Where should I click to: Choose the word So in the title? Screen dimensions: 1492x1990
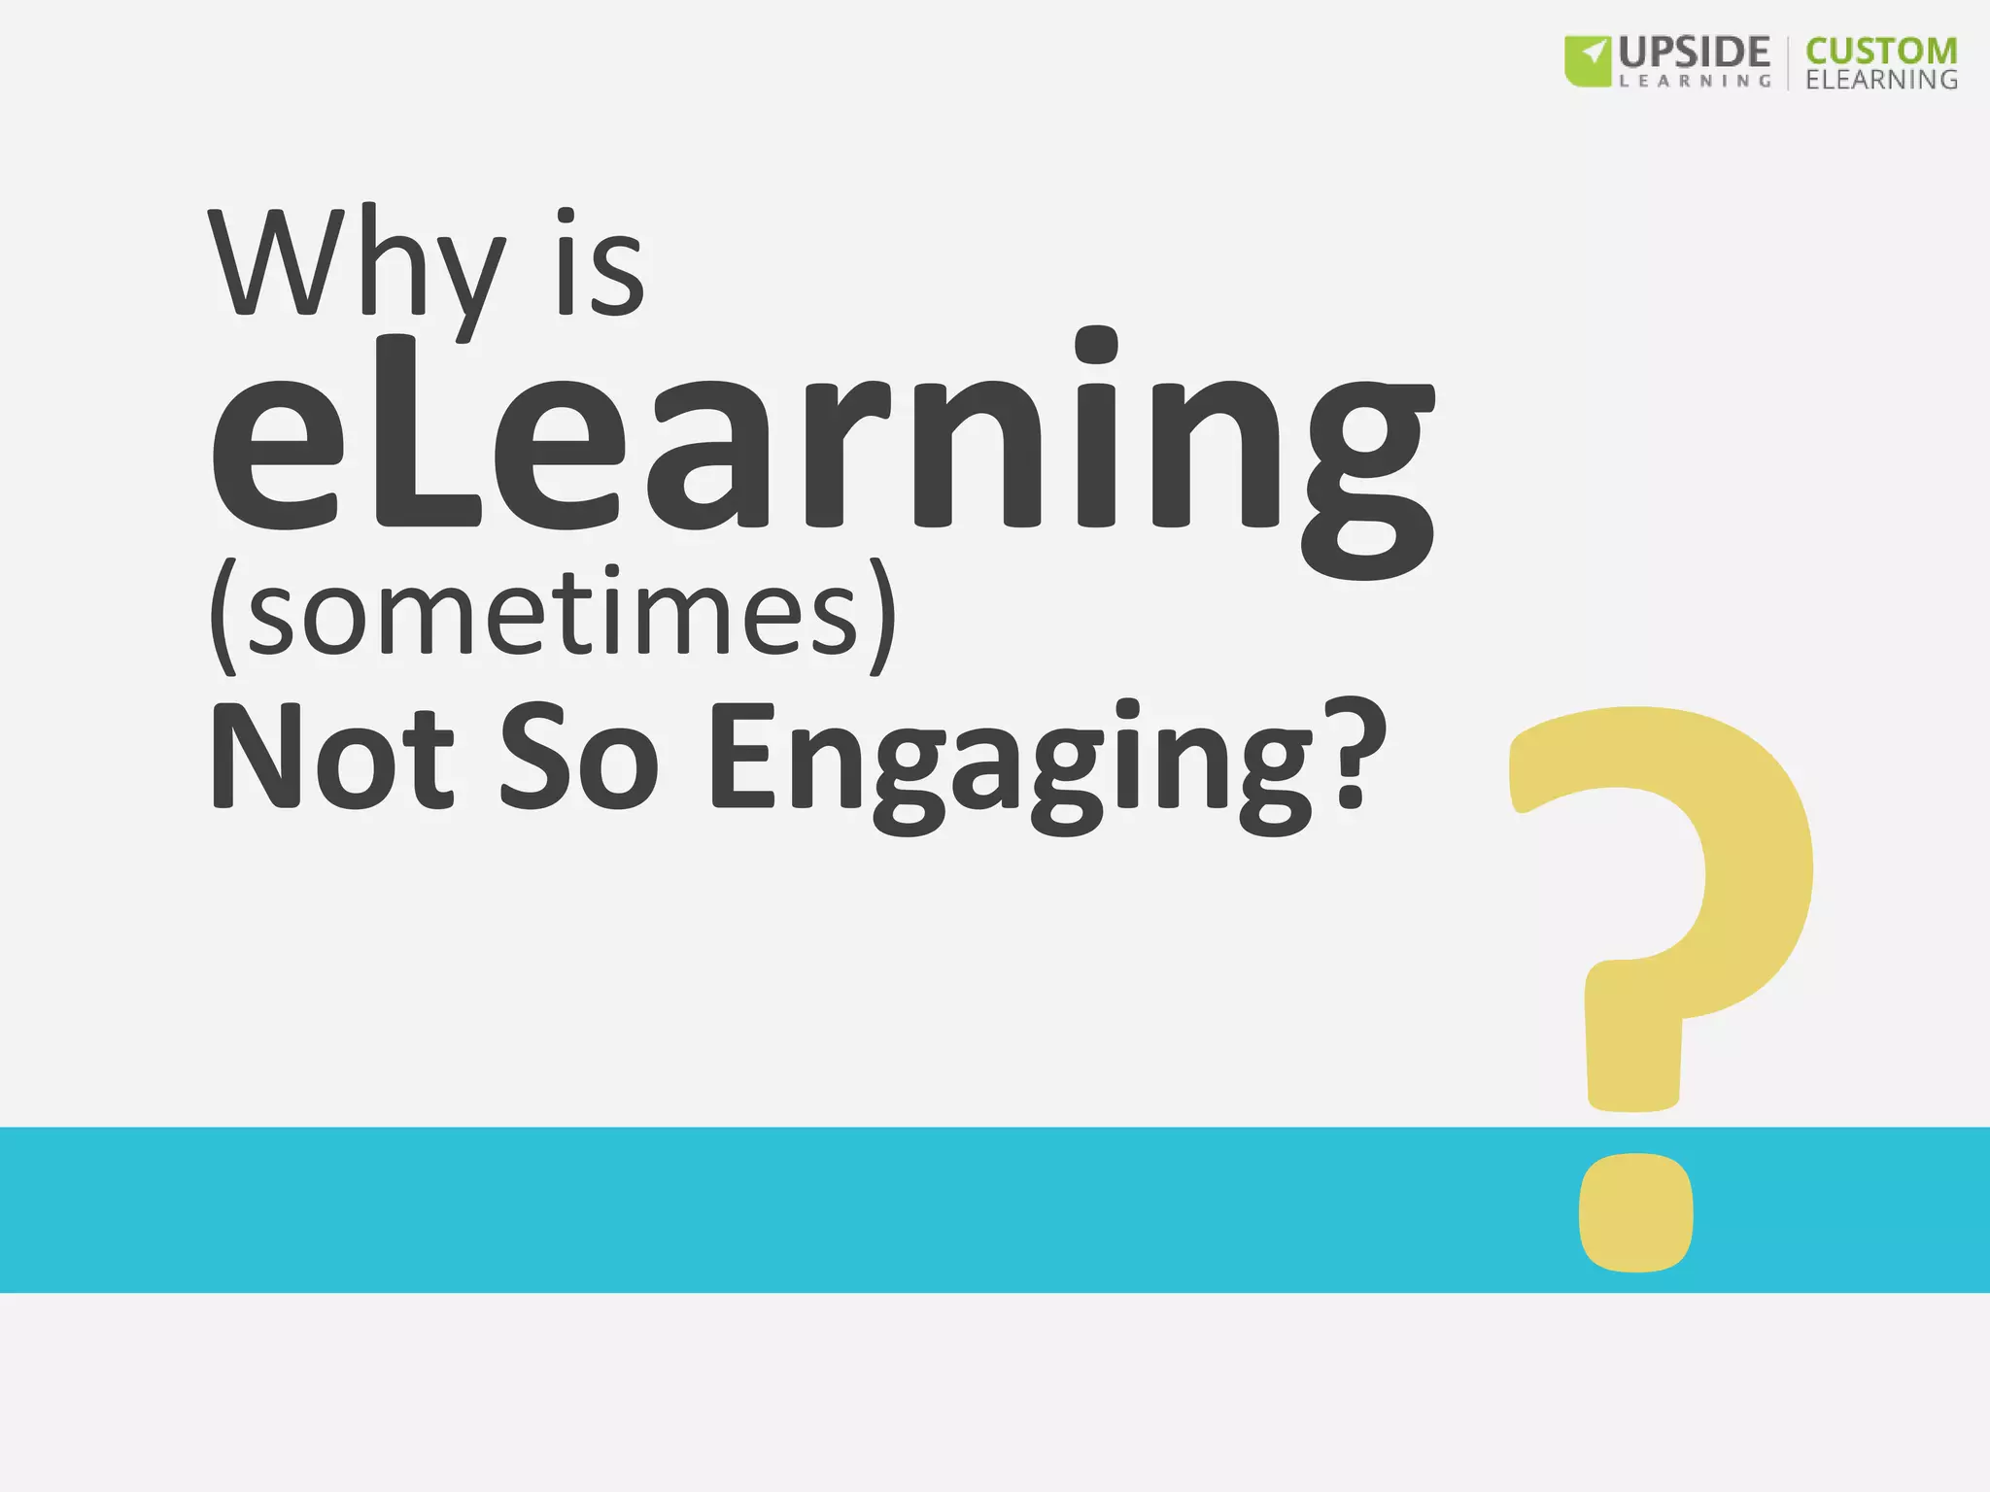coord(579,756)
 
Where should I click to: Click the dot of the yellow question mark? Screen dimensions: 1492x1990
coord(1636,1212)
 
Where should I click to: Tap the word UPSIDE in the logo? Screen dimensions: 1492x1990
coord(1695,51)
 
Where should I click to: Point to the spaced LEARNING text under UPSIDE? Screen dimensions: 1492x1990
coord(1695,82)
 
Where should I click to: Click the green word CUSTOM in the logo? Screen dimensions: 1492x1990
coord(1881,51)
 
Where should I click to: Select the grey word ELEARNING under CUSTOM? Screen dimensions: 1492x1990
coord(1881,80)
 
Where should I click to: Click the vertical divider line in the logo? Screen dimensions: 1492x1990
coord(1788,63)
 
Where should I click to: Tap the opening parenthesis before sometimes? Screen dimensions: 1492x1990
coord(223,616)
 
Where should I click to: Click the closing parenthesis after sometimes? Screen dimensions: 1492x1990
coord(882,616)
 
